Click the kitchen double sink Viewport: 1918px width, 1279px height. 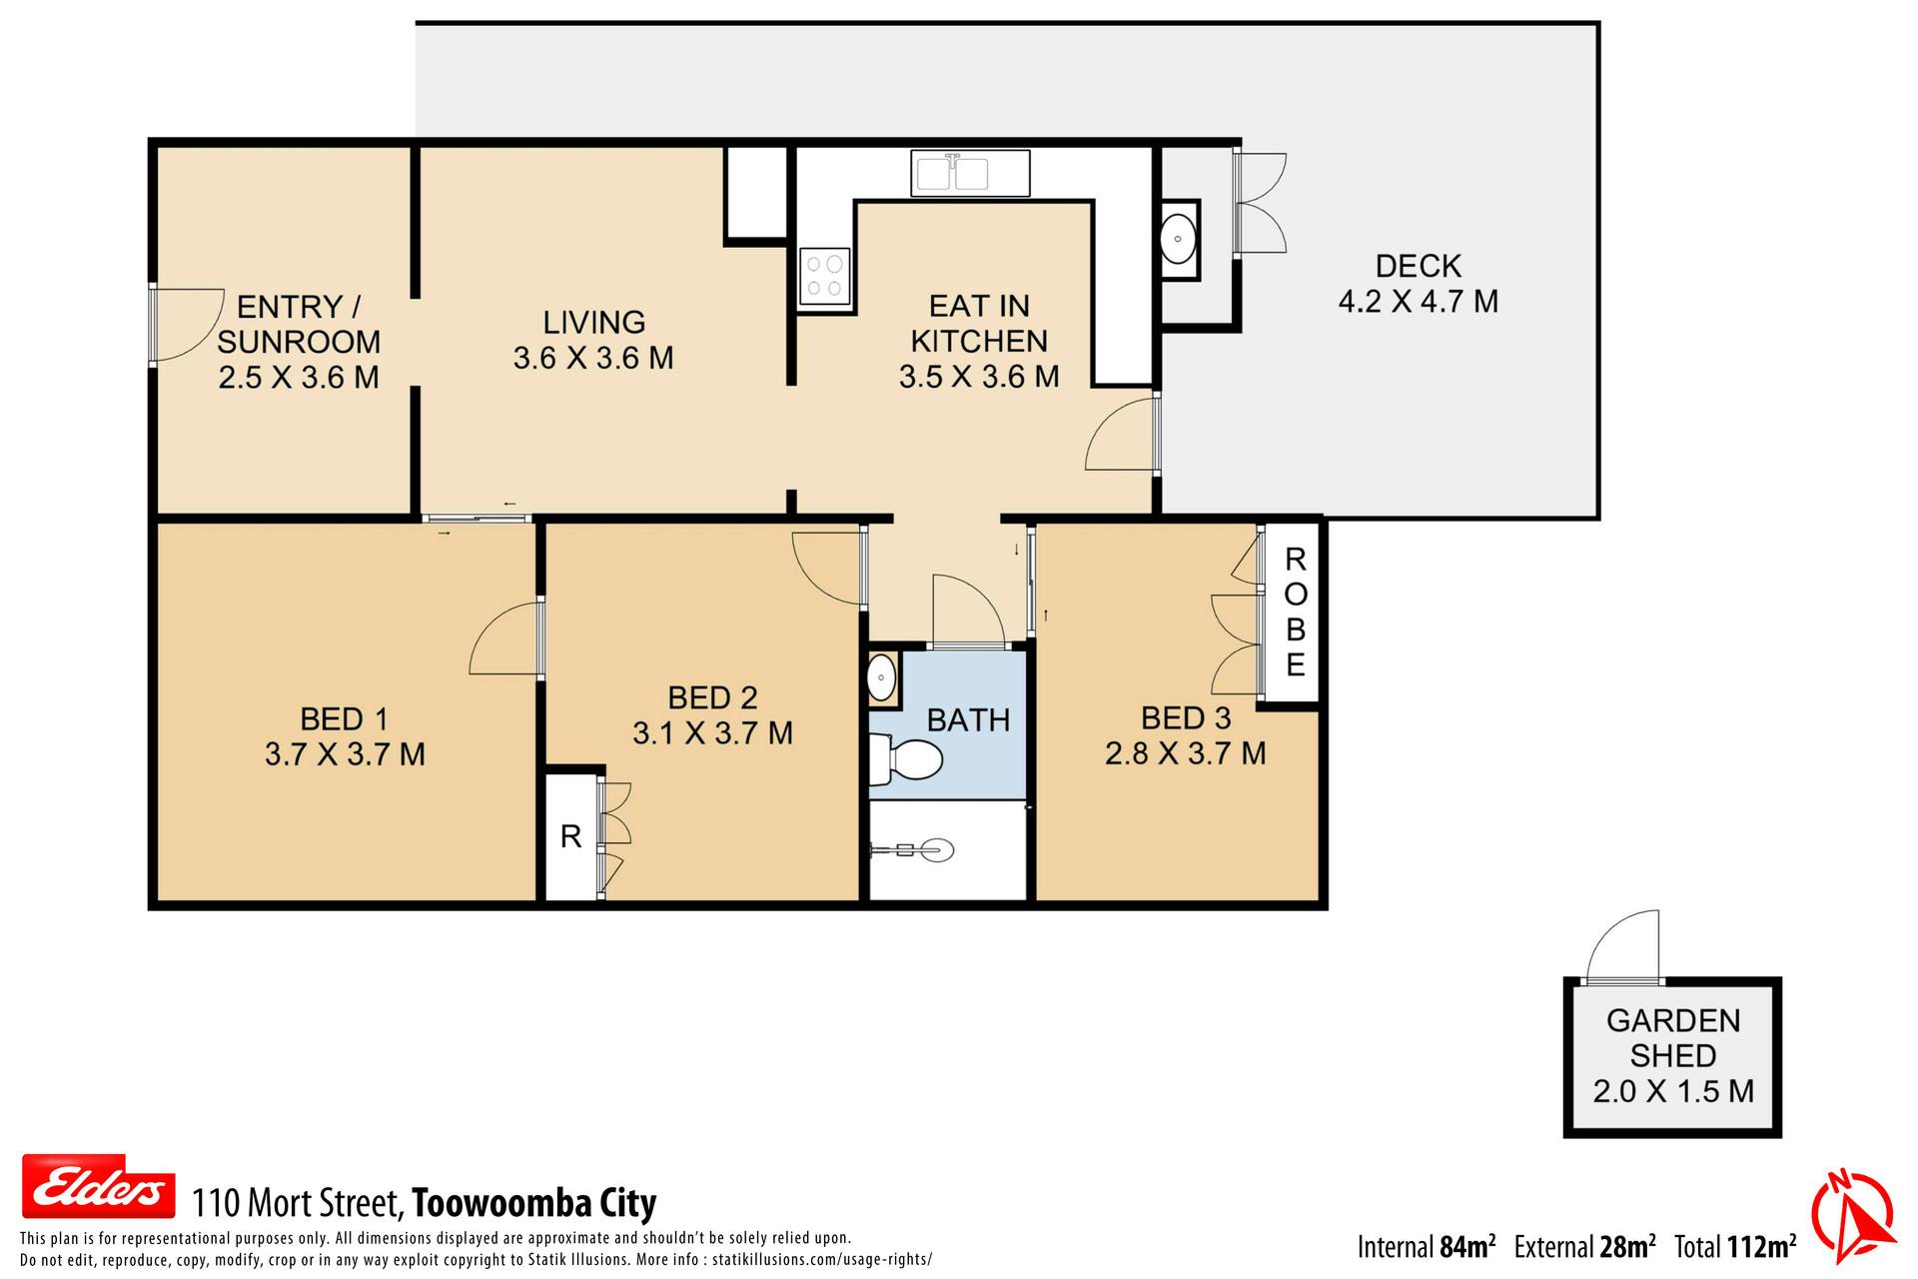pos(969,173)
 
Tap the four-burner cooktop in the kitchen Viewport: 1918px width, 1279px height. pos(825,276)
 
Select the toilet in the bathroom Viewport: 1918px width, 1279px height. pos(905,760)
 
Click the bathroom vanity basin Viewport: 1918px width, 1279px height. pos(881,679)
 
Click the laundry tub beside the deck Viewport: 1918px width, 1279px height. pos(1179,240)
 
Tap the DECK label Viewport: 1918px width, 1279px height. pos(1418,266)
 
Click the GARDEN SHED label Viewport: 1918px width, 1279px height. pos(1673,1038)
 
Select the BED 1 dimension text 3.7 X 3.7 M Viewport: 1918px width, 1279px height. pos(345,754)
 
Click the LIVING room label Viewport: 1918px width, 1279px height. pos(593,323)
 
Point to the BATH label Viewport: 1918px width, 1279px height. pos(968,720)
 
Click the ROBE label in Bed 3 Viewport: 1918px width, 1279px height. pos(1295,612)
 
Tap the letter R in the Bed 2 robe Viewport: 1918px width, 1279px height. pos(570,836)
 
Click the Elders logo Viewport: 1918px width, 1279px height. pos(99,1186)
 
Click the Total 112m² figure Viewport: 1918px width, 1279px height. pos(1735,1247)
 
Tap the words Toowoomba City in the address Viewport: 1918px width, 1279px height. pos(534,1203)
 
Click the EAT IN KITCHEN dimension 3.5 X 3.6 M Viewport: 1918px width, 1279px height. pos(979,377)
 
